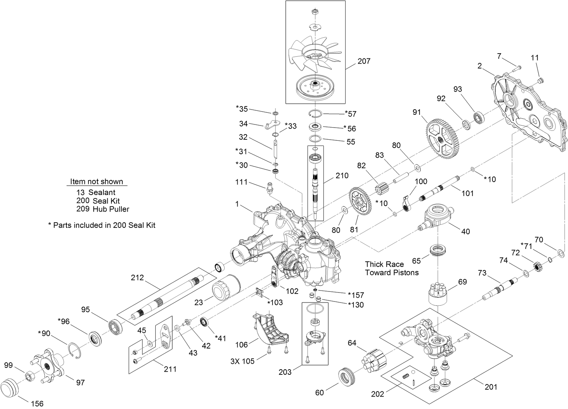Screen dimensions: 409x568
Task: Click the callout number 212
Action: pos(137,278)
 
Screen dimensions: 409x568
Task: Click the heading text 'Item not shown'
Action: pos(97,182)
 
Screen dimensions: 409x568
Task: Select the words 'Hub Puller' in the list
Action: pos(111,209)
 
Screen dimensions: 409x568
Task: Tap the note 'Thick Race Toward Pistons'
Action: pos(392,268)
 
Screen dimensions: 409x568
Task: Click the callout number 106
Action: pos(241,344)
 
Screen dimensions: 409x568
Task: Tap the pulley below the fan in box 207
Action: pos(315,88)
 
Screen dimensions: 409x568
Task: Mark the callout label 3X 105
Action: pos(242,361)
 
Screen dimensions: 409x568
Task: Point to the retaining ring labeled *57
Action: pos(315,114)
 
